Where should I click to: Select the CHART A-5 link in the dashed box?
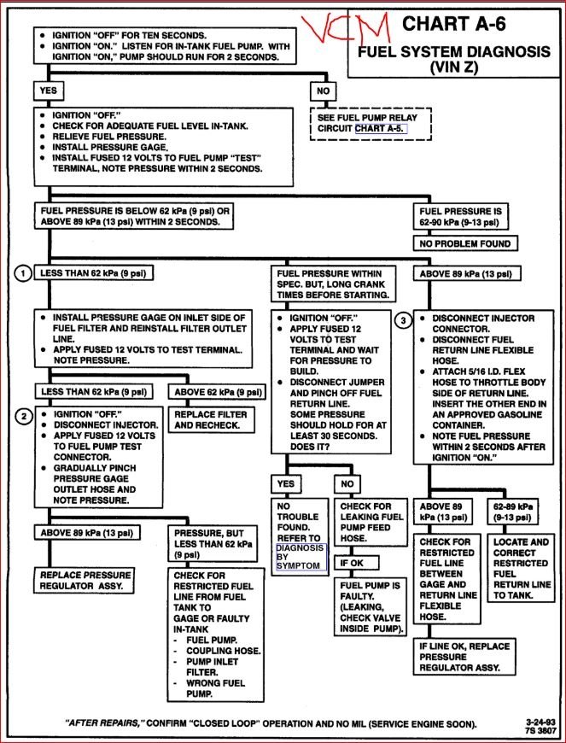[x=381, y=128]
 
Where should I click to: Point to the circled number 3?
[x=404, y=321]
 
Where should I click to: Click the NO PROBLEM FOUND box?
[x=466, y=243]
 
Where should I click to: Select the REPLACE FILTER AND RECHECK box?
[x=219, y=418]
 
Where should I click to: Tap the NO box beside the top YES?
[x=324, y=89]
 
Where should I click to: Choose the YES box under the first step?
[x=47, y=89]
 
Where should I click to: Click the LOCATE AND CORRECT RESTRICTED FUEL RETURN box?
[x=521, y=568]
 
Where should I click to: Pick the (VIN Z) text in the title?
[x=453, y=67]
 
